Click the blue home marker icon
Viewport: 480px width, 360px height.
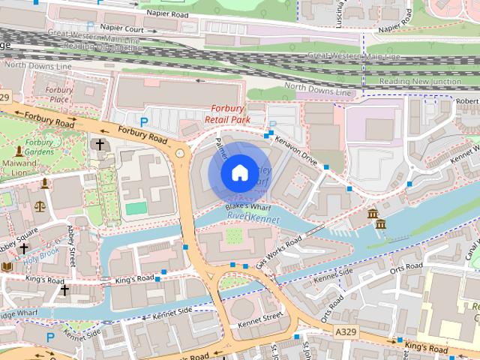[238, 173]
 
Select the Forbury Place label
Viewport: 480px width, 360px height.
[58, 94]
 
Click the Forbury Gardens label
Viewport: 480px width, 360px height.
[39, 146]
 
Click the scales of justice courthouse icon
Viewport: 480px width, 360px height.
[40, 205]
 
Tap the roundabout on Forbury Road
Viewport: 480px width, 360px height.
[180, 154]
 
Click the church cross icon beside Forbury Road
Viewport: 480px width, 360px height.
[98, 144]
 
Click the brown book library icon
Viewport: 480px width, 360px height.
[7, 266]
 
